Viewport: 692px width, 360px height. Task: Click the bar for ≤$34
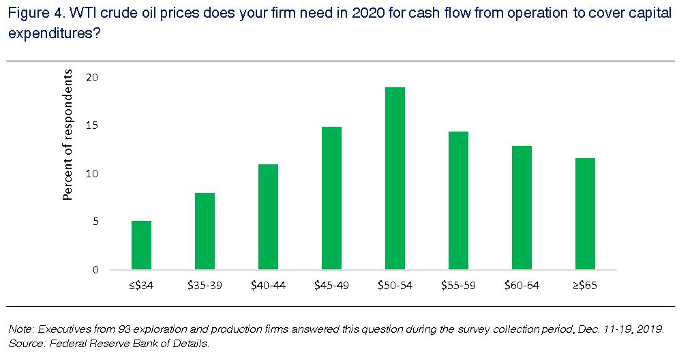(141, 245)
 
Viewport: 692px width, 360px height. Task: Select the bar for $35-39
(205, 231)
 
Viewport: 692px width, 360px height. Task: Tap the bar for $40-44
(268, 217)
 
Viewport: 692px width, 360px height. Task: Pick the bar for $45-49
(331, 198)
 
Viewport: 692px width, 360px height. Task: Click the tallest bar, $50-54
(395, 179)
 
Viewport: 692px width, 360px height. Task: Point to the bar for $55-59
(458, 200)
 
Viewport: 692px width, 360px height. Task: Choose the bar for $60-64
(522, 208)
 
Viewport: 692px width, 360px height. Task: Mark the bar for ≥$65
(585, 214)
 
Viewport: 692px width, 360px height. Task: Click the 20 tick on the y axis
(92, 78)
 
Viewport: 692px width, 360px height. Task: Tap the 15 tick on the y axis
(92, 126)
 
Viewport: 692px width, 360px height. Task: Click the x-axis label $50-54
(395, 286)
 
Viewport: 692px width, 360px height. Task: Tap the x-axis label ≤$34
(141, 286)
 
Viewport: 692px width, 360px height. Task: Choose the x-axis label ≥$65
(585, 286)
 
